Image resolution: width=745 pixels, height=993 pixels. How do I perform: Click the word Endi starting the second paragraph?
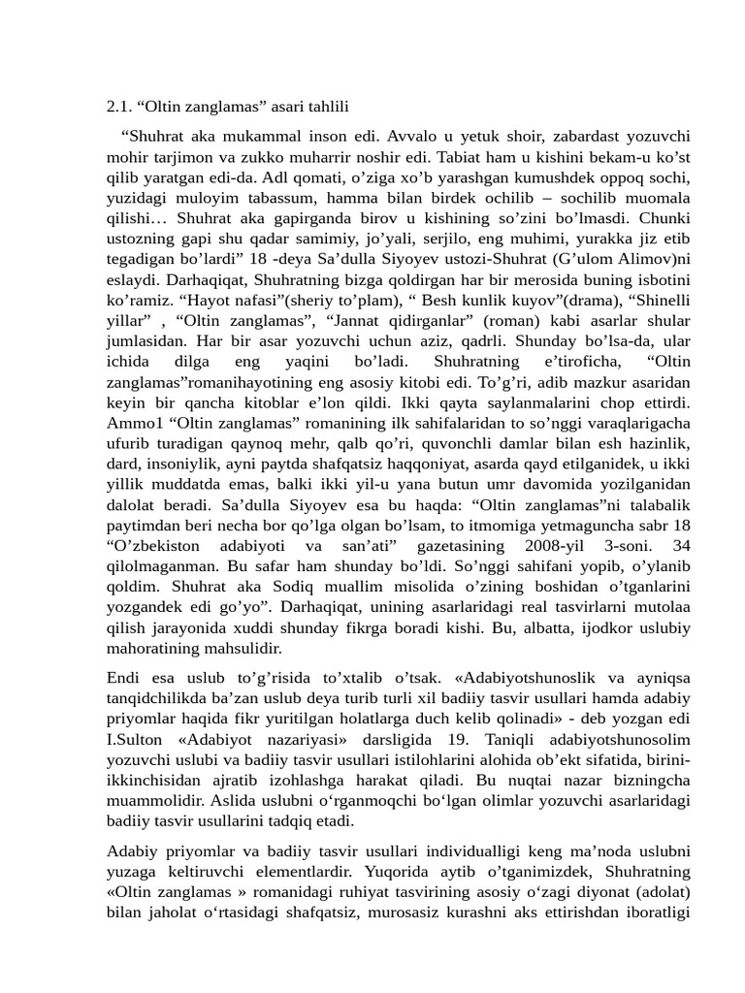point(123,676)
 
